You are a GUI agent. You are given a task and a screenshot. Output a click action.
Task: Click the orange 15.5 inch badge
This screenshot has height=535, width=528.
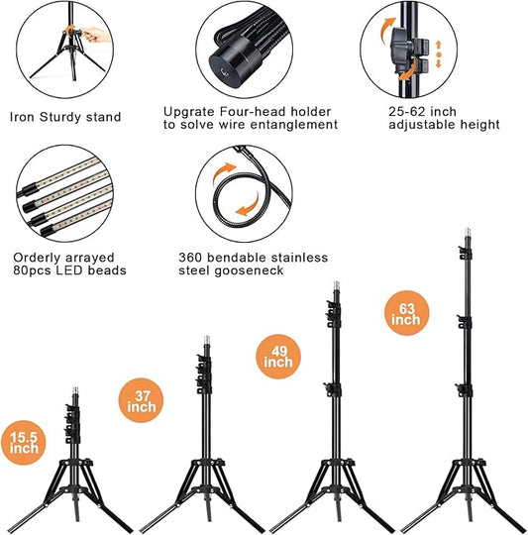23,443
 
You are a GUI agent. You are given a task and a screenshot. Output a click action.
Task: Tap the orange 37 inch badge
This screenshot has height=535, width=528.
141,400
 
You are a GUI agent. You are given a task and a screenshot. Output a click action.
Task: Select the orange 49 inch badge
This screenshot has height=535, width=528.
278,357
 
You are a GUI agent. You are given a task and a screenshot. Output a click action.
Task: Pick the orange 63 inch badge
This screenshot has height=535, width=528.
406,313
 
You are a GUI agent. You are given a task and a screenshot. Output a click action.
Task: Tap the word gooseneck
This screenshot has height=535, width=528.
249,270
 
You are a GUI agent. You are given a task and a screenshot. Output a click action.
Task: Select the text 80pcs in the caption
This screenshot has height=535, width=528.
33,270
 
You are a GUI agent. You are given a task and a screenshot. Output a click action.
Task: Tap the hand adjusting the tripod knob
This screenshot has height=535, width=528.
95,35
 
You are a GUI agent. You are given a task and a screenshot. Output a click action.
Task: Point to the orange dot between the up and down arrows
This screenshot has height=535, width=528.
439,54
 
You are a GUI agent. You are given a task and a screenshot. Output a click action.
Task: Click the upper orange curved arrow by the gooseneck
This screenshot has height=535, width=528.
224,171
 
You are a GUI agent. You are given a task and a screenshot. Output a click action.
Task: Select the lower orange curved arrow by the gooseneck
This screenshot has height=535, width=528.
248,206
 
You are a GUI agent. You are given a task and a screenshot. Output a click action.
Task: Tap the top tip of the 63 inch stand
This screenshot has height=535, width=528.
468,229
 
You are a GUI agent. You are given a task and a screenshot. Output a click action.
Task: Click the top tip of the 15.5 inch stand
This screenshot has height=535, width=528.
75,388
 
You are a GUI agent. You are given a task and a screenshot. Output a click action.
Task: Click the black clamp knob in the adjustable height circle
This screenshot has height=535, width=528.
400,50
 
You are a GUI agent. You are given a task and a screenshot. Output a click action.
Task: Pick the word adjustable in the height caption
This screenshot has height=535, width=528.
422,125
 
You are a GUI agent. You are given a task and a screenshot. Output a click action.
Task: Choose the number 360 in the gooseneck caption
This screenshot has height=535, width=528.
190,258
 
